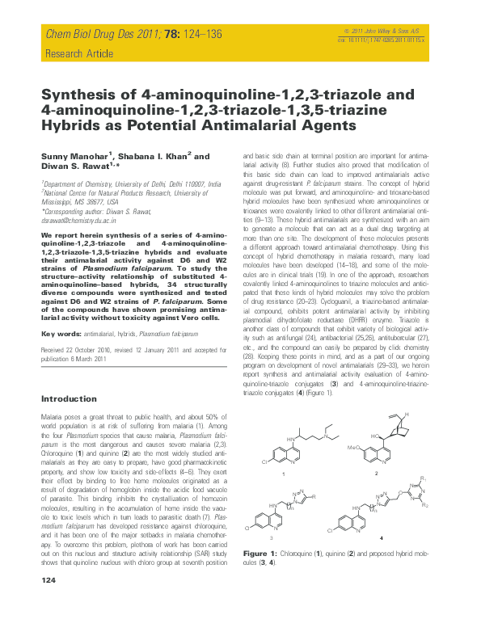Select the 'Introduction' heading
pos(69,398)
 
